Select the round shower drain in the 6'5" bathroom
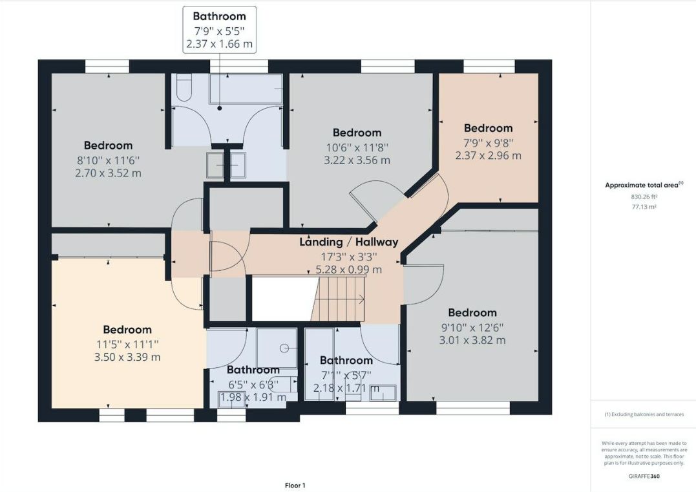click(x=284, y=348)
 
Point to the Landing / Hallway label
click(x=348, y=242)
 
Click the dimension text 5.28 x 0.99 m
click(x=348, y=270)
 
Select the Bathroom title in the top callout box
click(x=219, y=16)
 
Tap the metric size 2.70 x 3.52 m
click(x=108, y=173)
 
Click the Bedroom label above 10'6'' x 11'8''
click(x=357, y=133)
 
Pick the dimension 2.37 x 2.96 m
click(x=489, y=155)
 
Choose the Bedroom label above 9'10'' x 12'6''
click(x=472, y=312)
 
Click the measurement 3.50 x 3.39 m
click(x=127, y=357)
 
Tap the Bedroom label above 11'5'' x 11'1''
click(x=127, y=330)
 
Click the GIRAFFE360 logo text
click(x=644, y=476)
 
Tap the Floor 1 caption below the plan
click(x=295, y=485)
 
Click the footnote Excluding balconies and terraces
click(x=644, y=414)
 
